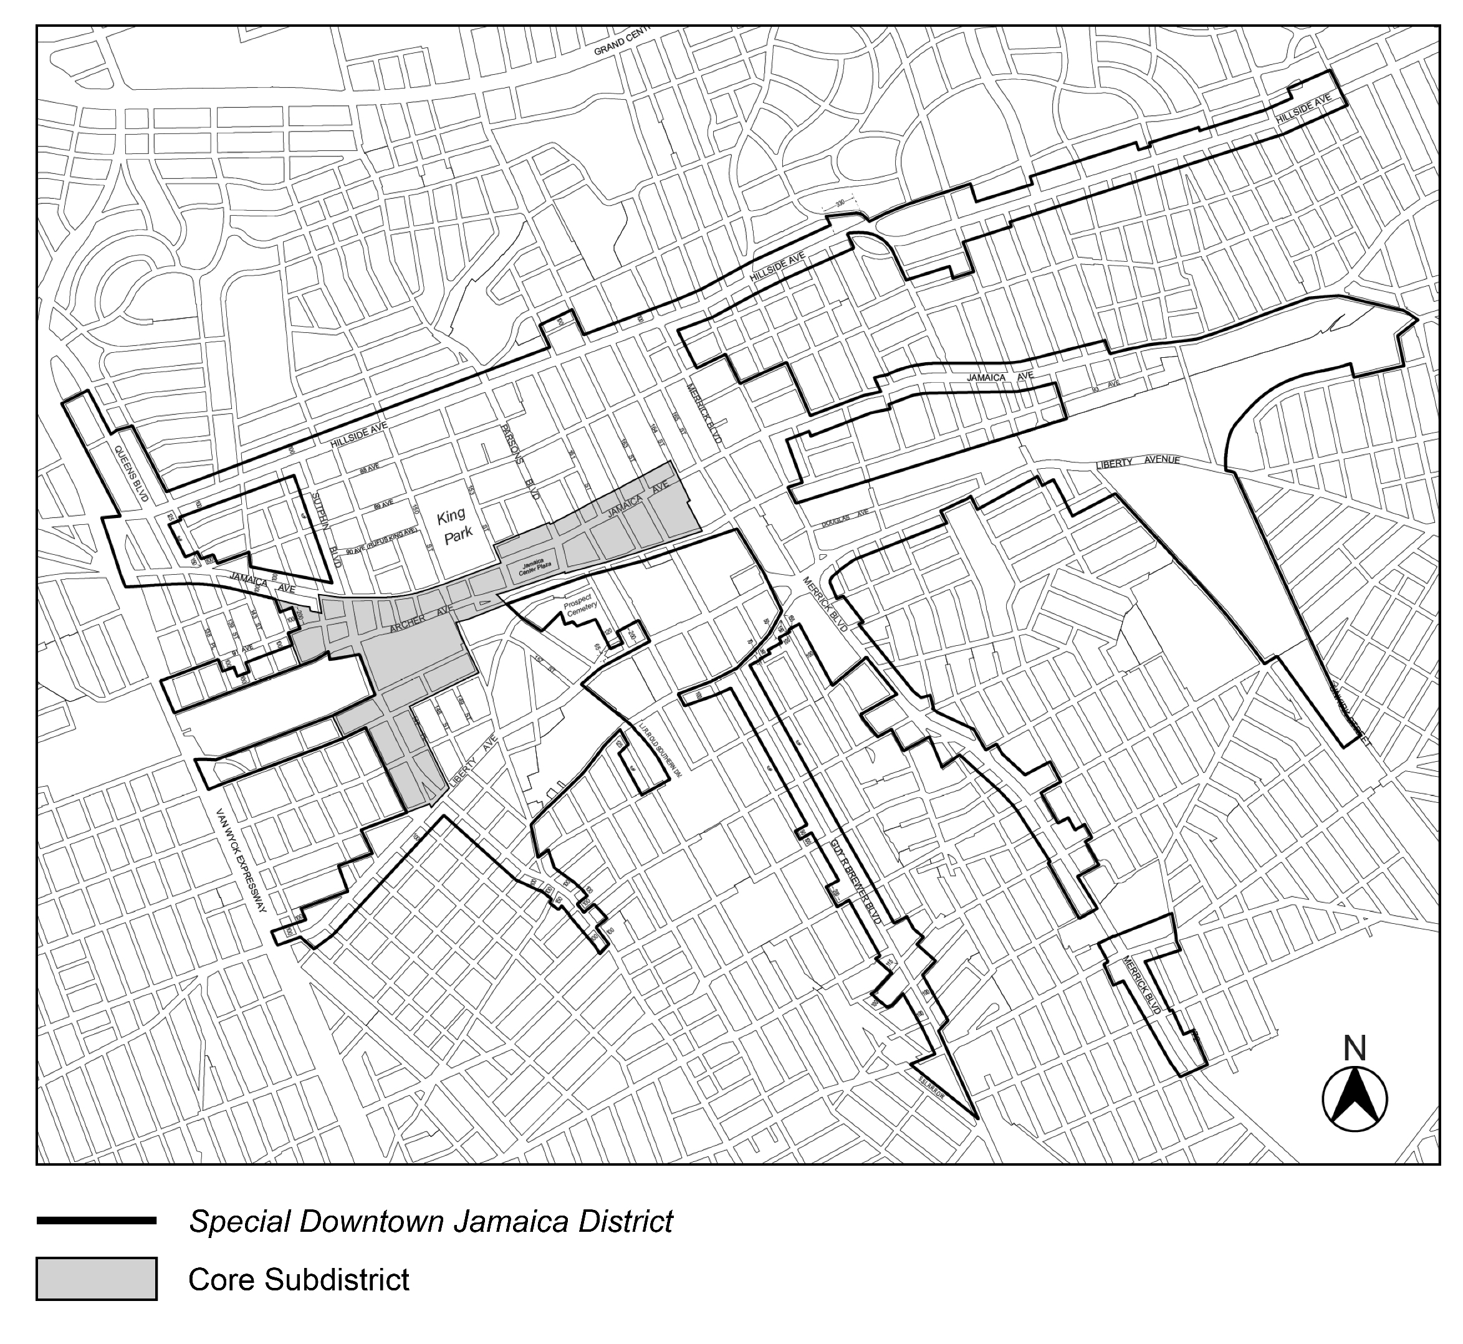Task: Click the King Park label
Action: (x=454, y=524)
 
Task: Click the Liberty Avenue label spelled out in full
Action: (x=1138, y=462)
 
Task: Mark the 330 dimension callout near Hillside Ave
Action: (x=840, y=204)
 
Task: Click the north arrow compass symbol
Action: (x=1354, y=1100)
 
